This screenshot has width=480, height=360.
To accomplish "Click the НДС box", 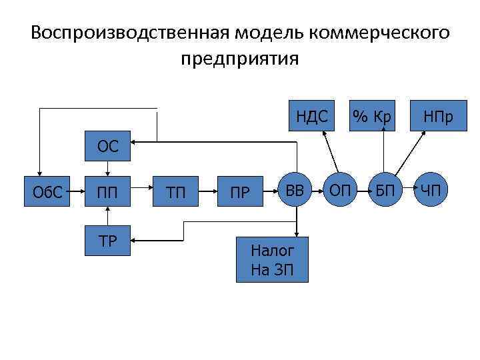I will pos(312,116).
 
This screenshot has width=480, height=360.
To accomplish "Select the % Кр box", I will pos(372,116).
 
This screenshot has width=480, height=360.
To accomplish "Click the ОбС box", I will pos(47,192).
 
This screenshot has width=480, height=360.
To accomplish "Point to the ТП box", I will pos(177,192).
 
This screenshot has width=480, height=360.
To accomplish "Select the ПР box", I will pos(240,192).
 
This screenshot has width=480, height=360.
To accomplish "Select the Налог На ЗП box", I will pos(271,259).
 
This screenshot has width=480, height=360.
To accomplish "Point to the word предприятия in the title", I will pos(239,59).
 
